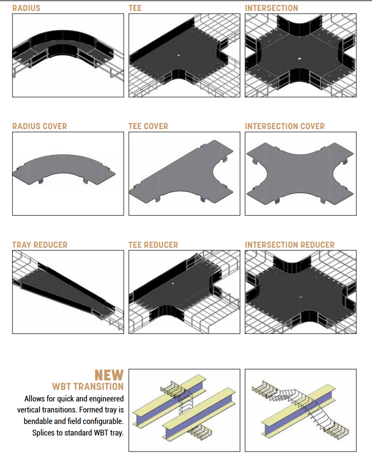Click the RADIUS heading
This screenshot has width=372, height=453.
tap(27, 8)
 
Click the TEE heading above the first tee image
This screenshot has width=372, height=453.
tap(135, 8)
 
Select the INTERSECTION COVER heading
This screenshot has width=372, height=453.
tap(285, 126)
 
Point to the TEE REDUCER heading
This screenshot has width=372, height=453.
tap(153, 245)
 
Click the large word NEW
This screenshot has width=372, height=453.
tap(109, 375)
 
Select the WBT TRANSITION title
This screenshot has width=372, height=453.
tap(88, 386)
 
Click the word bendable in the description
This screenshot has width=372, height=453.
tap(37, 421)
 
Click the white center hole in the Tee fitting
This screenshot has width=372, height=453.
tap(179, 55)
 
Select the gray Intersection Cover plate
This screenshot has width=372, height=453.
tap(300, 173)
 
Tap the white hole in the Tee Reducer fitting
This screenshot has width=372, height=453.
tap(173, 283)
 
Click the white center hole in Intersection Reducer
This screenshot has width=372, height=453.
tap(300, 297)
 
